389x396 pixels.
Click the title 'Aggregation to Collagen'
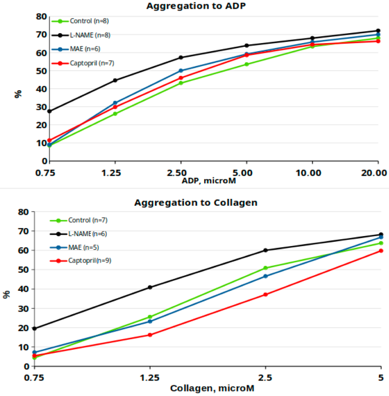[x=196, y=202]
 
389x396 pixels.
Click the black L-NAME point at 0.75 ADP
[x=49, y=111]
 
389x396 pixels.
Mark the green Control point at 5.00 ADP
[x=246, y=64]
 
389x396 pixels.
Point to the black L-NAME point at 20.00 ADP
[x=378, y=31]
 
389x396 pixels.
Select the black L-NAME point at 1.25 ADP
[x=115, y=80]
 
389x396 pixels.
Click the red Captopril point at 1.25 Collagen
[x=150, y=335]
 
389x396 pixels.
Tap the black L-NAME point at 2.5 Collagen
[x=265, y=250]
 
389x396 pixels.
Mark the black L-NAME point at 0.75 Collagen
[x=35, y=328]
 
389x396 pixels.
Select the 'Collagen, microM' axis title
[x=212, y=388]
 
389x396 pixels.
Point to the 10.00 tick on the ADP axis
[x=312, y=173]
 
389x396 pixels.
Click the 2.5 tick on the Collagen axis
[x=265, y=378]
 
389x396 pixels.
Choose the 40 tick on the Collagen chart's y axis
[x=24, y=289]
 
